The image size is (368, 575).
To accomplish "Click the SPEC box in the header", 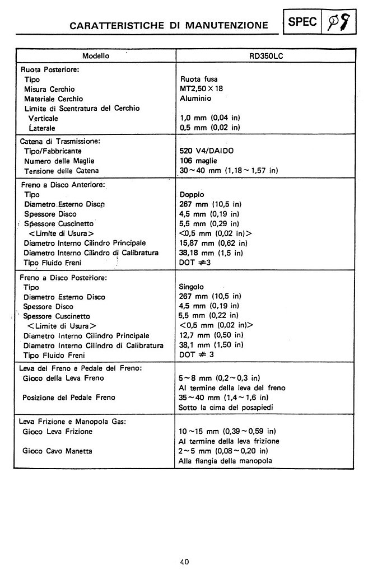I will (x=303, y=22).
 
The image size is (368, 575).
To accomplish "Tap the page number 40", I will (x=184, y=562).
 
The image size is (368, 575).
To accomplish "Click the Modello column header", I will (x=96, y=56).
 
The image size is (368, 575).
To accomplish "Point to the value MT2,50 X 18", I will (x=205, y=89).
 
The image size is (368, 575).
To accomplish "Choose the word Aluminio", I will (x=196, y=99).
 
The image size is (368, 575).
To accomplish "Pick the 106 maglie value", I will (x=197, y=161).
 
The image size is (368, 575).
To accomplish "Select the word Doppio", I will (x=192, y=194).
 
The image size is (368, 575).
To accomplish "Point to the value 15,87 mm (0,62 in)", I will (x=210, y=243).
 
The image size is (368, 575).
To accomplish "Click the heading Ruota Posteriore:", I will (x=49, y=70).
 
